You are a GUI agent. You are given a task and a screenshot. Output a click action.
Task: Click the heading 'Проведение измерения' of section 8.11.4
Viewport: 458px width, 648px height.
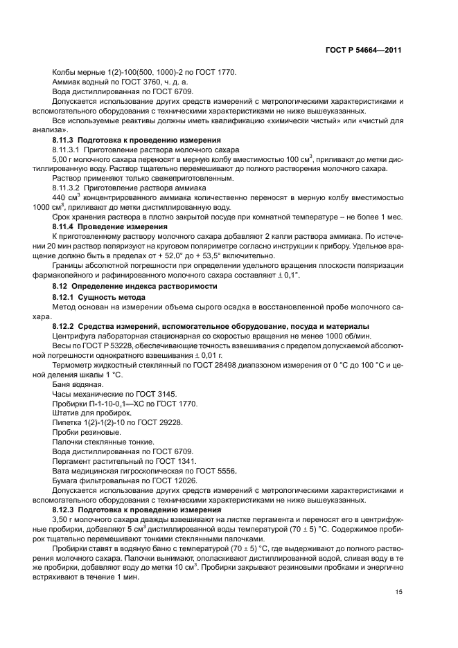[123, 226]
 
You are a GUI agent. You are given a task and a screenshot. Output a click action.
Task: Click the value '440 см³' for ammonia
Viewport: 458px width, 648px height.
[67, 197]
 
